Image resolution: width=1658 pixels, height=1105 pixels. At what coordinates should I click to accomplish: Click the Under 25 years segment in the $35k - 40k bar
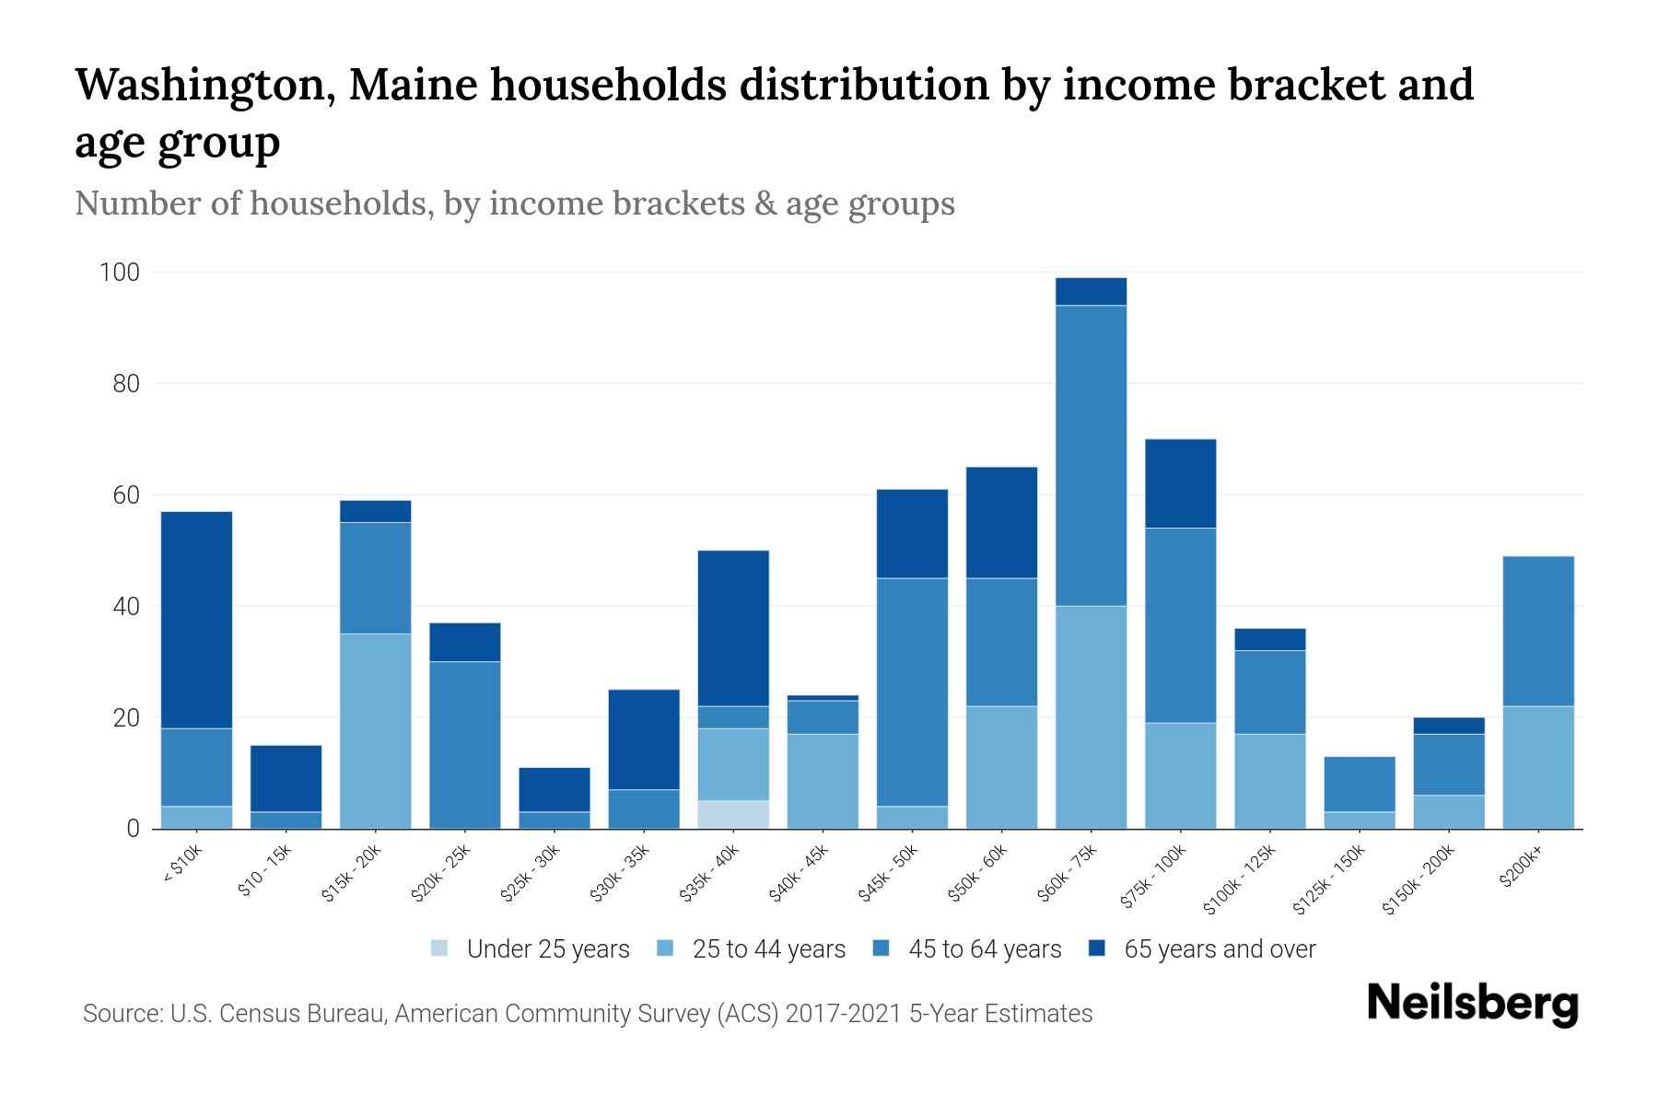(x=733, y=814)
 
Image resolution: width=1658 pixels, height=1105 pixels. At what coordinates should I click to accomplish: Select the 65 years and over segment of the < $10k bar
(x=196, y=620)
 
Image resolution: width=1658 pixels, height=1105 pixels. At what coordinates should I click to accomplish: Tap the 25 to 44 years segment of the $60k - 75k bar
(x=1091, y=717)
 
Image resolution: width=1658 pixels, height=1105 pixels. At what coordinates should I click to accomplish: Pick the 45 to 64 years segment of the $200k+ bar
(x=1537, y=631)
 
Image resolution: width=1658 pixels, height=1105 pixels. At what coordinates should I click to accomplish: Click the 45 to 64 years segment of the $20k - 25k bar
(x=465, y=745)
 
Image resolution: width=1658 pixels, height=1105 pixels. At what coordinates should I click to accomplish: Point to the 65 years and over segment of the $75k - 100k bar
(x=1180, y=483)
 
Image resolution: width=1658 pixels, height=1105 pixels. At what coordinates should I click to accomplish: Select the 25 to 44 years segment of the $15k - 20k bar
(x=375, y=731)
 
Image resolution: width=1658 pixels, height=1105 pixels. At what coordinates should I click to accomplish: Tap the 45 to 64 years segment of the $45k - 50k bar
(x=912, y=692)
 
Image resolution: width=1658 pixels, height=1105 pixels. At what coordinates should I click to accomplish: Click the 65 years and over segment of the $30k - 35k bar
(x=644, y=739)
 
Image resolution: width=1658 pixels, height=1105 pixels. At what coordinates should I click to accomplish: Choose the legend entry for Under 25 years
(x=547, y=949)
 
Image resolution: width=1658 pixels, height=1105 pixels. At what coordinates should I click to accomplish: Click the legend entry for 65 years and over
(x=1219, y=949)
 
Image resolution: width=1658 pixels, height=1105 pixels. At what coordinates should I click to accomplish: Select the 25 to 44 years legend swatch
(x=665, y=948)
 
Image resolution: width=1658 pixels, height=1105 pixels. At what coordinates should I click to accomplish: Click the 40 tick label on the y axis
(x=125, y=607)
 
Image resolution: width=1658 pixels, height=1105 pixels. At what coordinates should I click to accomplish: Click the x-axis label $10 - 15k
(x=265, y=874)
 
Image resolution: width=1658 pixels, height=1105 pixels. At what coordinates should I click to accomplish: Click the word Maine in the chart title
(x=411, y=85)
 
